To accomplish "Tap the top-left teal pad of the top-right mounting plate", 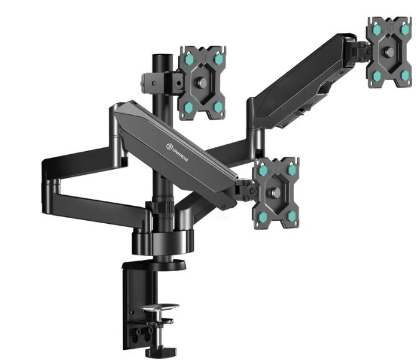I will coord(375,29).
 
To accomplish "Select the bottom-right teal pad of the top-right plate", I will coord(405,75).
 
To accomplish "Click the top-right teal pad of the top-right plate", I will coord(405,29).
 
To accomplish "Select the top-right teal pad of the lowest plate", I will coord(292,168).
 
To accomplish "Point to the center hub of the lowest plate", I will coord(278,192).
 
